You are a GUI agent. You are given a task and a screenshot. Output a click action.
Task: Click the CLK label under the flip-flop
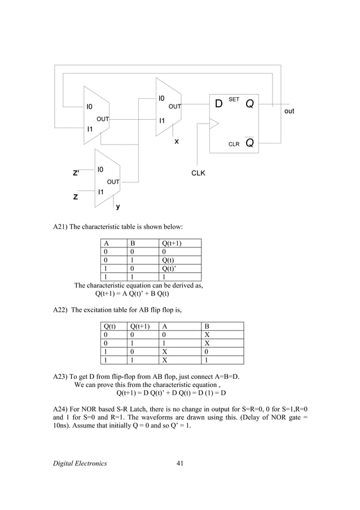[197, 173]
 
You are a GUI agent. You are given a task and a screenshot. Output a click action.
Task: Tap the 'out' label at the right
[289, 111]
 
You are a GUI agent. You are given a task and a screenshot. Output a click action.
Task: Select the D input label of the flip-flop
[219, 105]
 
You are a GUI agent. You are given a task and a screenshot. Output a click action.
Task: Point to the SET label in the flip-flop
[234, 99]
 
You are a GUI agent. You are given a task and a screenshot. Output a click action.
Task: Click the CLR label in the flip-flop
[234, 144]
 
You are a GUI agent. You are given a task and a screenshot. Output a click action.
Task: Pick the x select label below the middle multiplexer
[177, 141]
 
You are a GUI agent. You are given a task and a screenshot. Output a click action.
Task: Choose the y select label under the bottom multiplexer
[117, 207]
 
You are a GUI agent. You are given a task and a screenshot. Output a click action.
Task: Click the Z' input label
[76, 173]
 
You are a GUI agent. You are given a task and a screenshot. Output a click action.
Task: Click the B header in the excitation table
[207, 326]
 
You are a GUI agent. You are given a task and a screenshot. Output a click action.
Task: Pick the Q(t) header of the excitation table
[108, 326]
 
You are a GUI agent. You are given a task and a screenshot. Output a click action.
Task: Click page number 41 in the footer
[180, 464]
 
